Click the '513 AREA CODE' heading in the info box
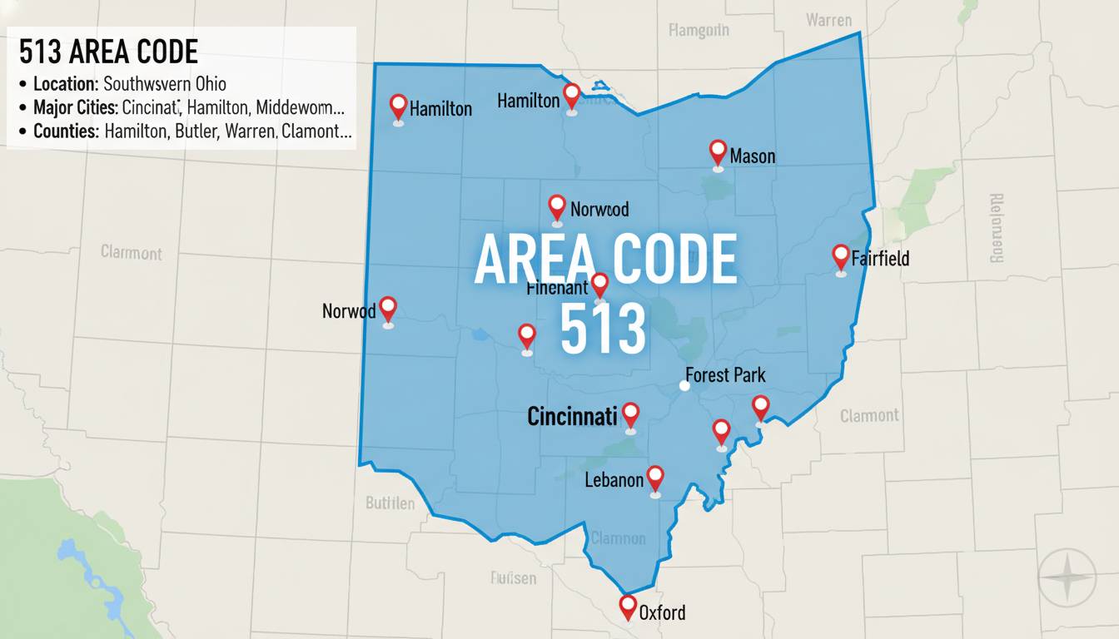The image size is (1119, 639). tap(108, 52)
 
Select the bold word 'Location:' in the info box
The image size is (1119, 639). tap(67, 84)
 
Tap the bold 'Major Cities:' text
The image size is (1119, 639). tap(77, 108)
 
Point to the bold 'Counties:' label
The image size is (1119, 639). tap(67, 131)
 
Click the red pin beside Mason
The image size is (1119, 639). tap(718, 151)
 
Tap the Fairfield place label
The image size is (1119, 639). tap(881, 258)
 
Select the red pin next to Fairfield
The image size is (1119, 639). tap(840, 256)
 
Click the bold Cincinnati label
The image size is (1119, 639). tap(572, 416)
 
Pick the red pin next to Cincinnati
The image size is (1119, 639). tap(630, 414)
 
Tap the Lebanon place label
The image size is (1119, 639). tap(614, 479)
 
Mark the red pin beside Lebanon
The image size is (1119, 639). tap(655, 477)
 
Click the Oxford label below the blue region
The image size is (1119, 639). tap(663, 613)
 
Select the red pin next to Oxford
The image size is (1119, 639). tap(628, 607)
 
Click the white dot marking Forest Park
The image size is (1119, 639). tap(684, 385)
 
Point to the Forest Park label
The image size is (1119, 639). tap(725, 375)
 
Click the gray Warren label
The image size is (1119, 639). tap(829, 19)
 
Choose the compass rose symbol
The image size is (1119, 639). tap(1066, 577)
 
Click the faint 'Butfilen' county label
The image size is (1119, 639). tap(390, 503)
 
